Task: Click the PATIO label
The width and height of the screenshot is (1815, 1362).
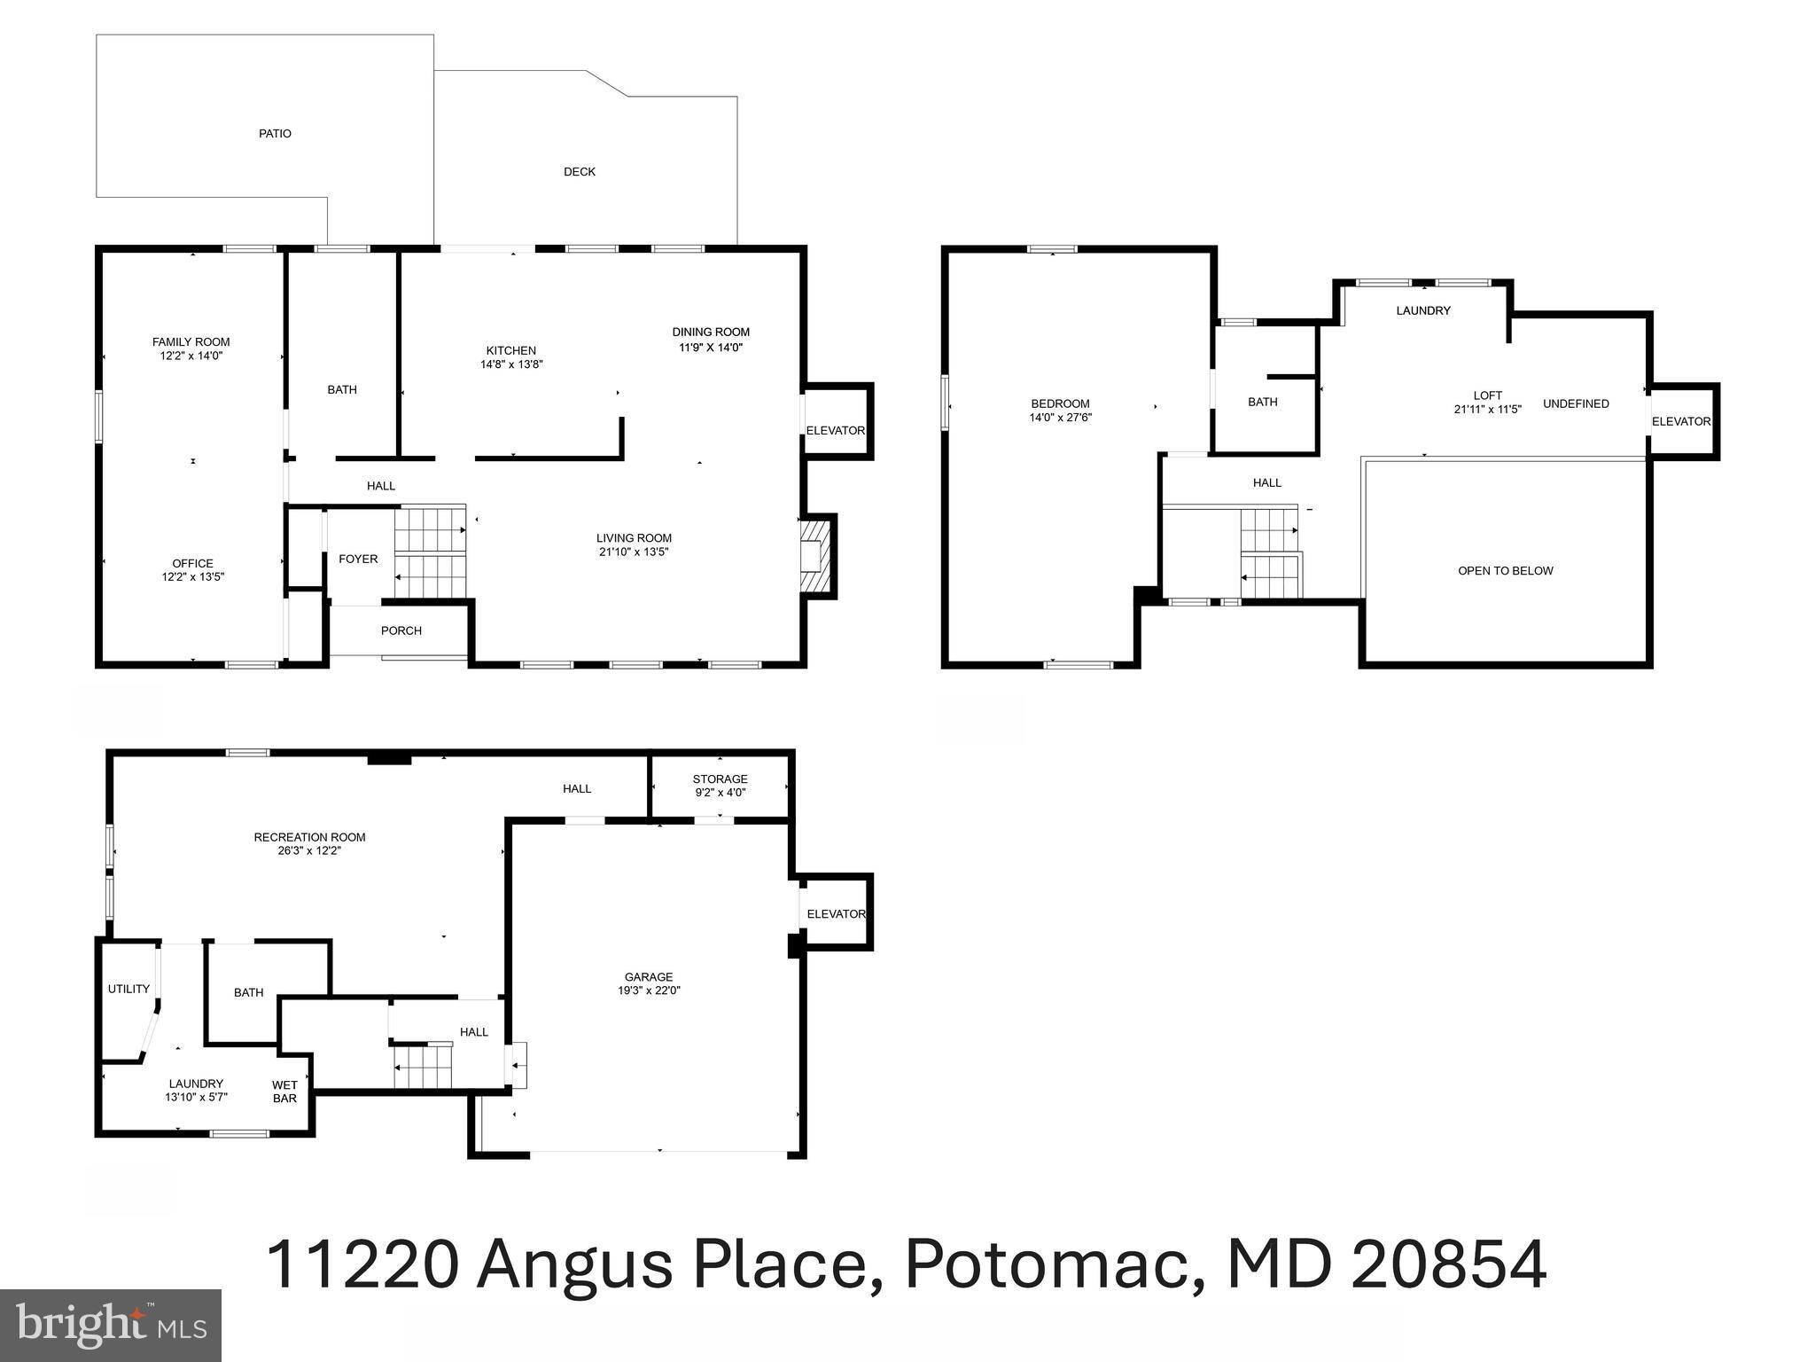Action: coord(275,134)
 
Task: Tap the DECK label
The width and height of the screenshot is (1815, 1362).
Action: coord(580,172)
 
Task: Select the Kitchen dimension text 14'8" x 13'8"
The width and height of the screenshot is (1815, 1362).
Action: coord(511,364)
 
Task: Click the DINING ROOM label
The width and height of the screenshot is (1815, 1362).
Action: coord(711,333)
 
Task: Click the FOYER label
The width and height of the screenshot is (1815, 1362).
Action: coord(358,560)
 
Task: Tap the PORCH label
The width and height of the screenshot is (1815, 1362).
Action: coord(401,631)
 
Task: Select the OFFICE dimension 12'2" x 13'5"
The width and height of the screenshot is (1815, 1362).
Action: coord(193,577)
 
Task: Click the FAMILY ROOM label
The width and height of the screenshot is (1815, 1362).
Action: coord(191,342)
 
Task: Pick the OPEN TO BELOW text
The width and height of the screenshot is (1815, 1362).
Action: coord(1506,571)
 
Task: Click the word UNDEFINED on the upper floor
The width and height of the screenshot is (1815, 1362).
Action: coord(1576,404)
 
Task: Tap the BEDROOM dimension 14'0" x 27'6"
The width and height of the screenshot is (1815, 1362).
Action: coord(1060,418)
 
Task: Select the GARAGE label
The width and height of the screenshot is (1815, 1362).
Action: coord(649,977)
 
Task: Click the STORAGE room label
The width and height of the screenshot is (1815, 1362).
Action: coord(720,779)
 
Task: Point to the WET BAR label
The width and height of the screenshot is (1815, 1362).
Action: coord(284,1092)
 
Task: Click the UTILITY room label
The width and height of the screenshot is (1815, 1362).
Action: coord(129,990)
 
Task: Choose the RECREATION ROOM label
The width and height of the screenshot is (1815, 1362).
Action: coord(309,837)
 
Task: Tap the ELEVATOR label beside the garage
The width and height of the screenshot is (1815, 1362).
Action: coord(836,914)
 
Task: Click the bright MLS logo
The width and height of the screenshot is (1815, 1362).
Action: coord(111,1326)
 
